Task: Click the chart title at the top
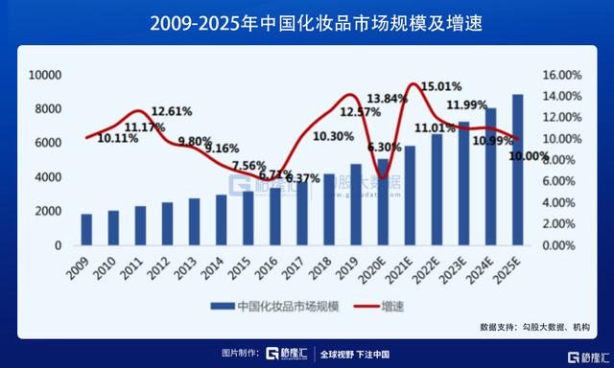pos(306,21)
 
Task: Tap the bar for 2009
pos(86,229)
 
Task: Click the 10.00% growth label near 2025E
pos(528,157)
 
